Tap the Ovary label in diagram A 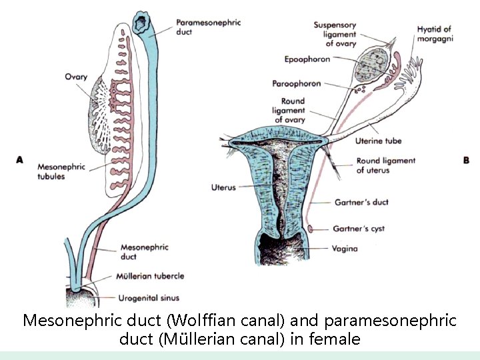tap(76, 77)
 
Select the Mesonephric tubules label tap(62, 171)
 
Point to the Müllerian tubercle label tap(150, 275)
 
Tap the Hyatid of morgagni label tap(435, 33)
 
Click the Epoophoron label tap(307, 59)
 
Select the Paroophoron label tap(297, 83)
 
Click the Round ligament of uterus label tap(385, 165)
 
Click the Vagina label tap(345, 249)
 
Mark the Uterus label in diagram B tap(223, 187)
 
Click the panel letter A tap(20, 160)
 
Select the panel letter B tap(465, 160)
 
